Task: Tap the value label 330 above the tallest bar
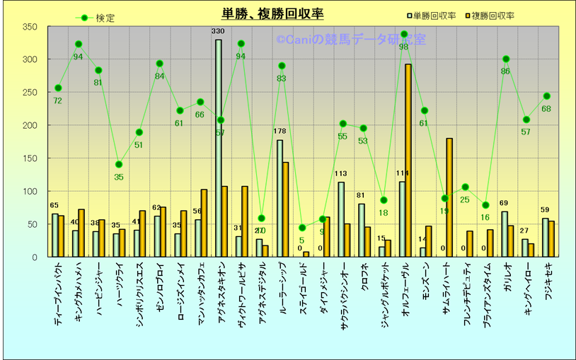tap(218, 32)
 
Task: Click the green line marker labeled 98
tap(403, 34)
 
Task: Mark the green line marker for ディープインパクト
tap(58, 88)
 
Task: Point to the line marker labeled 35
tap(119, 164)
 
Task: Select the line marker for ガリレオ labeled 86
tap(506, 59)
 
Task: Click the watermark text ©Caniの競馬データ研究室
tap(351, 41)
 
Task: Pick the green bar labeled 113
tap(341, 219)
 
